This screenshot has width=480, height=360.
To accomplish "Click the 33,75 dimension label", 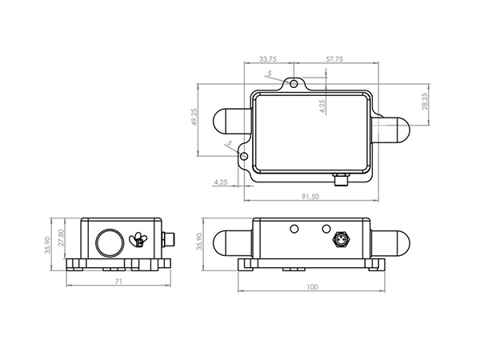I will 269,59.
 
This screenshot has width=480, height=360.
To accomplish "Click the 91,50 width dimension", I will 311,196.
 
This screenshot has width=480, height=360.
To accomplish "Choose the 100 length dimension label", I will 312,286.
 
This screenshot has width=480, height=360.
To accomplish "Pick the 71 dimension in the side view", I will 118,283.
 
